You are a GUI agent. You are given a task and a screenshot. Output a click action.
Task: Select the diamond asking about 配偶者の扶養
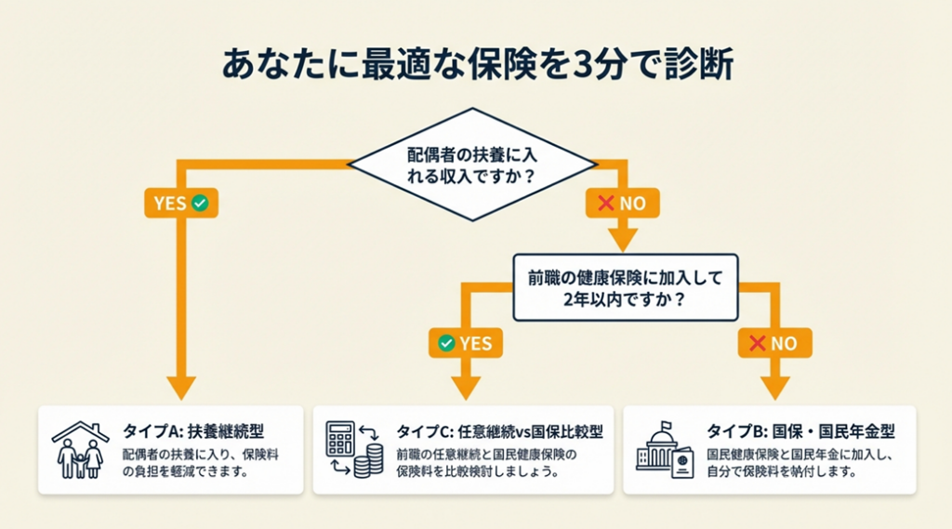(471, 165)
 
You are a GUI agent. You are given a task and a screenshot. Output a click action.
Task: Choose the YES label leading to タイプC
(465, 343)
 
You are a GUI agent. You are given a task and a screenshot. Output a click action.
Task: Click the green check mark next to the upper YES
(199, 204)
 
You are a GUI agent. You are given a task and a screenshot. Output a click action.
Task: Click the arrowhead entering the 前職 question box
(620, 241)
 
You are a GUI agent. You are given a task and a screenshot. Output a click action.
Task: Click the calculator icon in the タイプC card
(340, 438)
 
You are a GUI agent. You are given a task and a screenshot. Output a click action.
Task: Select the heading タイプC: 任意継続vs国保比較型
(500, 431)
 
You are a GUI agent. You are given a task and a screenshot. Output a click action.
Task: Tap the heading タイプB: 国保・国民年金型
(800, 431)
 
